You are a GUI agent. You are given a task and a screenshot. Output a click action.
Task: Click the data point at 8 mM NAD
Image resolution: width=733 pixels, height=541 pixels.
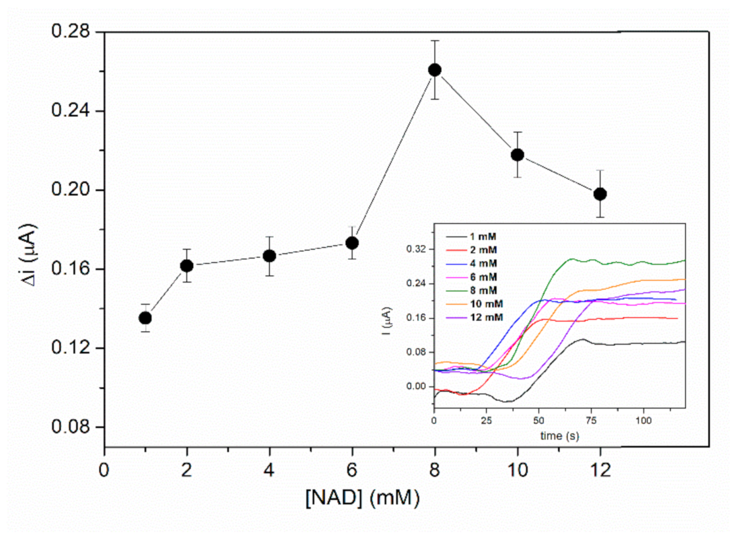(435, 70)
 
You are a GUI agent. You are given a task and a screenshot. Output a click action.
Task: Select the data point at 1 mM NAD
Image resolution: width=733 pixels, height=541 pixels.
(145, 318)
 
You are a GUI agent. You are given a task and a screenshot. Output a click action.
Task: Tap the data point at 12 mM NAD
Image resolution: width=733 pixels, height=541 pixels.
(600, 194)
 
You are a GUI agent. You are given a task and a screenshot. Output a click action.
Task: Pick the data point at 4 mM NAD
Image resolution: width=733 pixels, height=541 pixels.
(269, 256)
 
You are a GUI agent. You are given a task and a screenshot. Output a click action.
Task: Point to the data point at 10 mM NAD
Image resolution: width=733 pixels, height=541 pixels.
(518, 155)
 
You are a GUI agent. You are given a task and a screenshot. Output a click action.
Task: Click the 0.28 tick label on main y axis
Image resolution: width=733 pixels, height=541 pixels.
(70, 31)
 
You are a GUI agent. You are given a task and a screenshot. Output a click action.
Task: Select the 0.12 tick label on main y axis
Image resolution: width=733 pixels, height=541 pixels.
(70, 348)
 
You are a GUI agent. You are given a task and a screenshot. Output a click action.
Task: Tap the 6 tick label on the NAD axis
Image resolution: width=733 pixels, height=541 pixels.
(352, 470)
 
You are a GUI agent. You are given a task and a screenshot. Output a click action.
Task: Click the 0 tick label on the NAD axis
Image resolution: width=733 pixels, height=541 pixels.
(104, 470)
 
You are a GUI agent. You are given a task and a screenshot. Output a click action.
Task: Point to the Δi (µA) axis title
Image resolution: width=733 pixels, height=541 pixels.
(29, 255)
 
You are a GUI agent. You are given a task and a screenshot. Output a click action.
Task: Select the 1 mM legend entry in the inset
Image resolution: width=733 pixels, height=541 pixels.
(483, 237)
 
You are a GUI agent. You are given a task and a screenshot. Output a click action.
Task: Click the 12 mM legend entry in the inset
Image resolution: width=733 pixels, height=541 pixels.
(486, 317)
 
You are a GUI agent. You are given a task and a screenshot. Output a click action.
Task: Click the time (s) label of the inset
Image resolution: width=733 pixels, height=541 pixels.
(559, 436)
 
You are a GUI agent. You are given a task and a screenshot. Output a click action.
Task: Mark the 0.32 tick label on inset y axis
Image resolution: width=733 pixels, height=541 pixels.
(416, 249)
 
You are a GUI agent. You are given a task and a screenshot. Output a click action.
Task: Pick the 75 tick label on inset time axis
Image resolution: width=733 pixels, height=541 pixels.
(591, 421)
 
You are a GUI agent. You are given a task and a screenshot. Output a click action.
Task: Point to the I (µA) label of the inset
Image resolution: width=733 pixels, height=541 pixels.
(387, 321)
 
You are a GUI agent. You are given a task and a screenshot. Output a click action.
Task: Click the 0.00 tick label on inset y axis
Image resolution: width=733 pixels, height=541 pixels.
(416, 386)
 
